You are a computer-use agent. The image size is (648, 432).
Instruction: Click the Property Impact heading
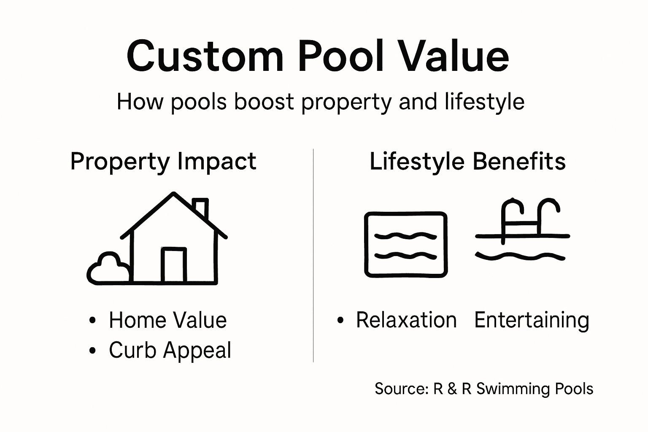coord(163,162)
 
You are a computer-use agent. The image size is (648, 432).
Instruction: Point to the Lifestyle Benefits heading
coord(467,162)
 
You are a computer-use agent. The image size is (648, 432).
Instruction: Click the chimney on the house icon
coord(201,207)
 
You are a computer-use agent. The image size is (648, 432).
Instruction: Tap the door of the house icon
coord(174,265)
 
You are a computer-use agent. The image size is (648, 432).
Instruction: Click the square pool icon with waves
coord(405,245)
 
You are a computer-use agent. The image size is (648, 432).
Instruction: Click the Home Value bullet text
coord(167,320)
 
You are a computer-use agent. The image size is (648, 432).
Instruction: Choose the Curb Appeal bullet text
coord(170,350)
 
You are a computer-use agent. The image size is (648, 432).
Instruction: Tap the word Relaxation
coord(406,320)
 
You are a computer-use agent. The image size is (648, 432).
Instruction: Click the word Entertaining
coord(532,320)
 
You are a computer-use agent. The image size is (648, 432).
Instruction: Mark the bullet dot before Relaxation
coord(340,321)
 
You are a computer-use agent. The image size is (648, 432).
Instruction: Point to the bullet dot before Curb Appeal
coord(93,351)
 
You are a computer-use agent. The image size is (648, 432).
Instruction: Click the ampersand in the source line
coord(452,389)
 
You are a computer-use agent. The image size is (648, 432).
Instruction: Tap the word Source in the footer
coord(401,389)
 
